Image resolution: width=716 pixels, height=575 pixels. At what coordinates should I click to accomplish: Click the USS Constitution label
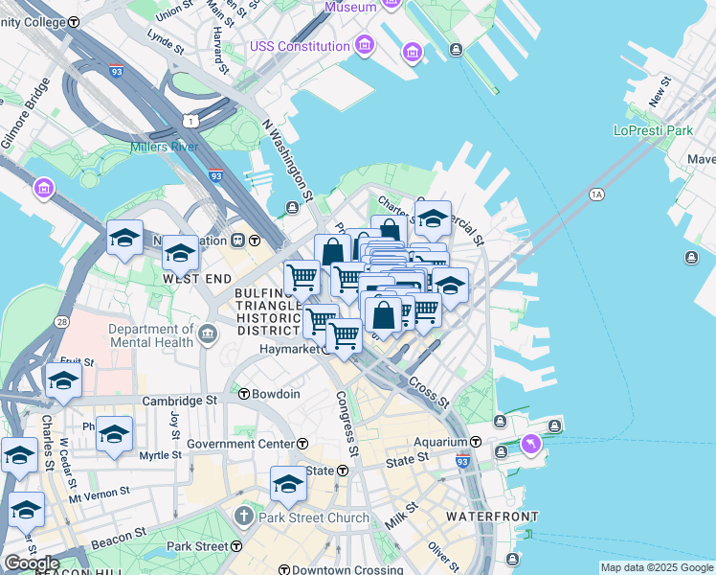click(300, 46)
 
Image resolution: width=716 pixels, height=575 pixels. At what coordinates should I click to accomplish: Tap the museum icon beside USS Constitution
click(364, 45)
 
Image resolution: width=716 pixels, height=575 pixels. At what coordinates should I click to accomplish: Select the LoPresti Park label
click(653, 129)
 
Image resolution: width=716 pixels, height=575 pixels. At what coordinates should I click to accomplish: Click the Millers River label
click(166, 148)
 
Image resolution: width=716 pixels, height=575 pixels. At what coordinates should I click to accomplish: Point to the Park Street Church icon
click(246, 517)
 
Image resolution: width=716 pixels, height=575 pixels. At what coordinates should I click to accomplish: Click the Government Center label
click(240, 444)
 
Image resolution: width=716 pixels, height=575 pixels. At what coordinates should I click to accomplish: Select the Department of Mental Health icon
click(209, 334)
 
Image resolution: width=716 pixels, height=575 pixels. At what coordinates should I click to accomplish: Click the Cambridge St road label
click(181, 401)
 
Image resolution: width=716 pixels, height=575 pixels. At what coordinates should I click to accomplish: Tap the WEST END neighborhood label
click(197, 278)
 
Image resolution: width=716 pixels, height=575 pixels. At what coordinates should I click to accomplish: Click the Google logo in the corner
click(31, 563)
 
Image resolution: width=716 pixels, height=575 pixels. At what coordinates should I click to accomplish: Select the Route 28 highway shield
click(61, 323)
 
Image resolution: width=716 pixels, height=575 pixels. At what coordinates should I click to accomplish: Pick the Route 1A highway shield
click(598, 195)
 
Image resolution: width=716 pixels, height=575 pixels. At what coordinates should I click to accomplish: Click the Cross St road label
click(428, 391)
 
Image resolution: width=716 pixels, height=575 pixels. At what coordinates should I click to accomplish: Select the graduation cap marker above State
click(288, 483)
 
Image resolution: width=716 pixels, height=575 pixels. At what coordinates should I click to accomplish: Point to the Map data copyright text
click(656, 567)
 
